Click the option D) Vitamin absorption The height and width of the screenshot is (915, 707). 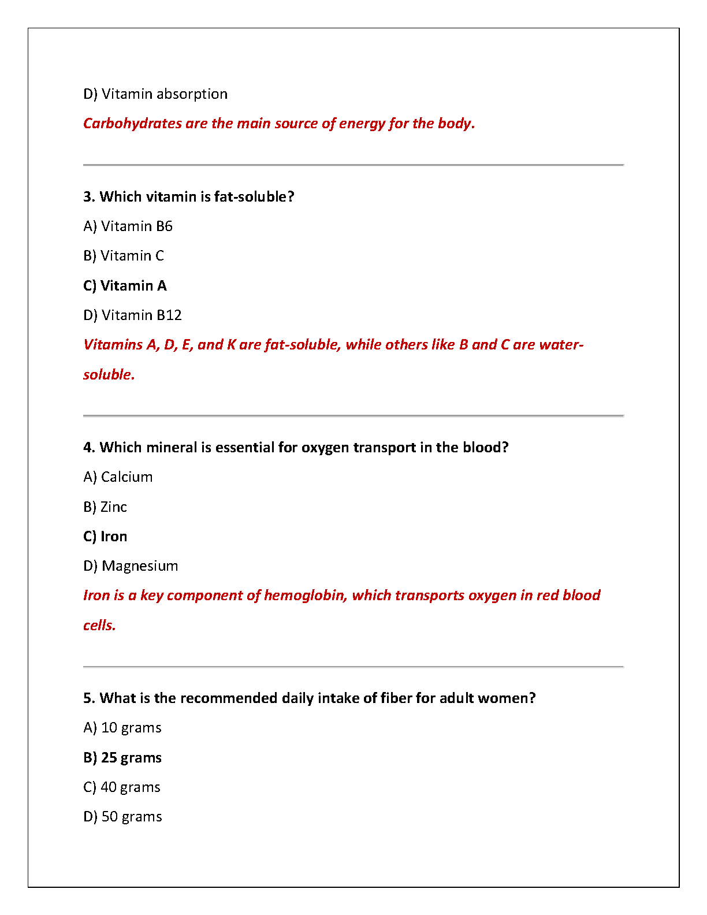[155, 94]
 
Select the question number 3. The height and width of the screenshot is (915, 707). [88, 197]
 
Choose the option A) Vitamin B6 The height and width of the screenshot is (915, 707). [128, 226]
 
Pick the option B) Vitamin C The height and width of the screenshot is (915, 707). [124, 256]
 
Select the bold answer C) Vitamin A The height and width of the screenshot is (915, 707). [125, 286]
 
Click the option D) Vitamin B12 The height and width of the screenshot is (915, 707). [132, 315]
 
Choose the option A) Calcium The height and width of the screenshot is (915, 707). [118, 477]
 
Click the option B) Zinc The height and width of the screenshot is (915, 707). [105, 507]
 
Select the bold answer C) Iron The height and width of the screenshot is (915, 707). [105, 537]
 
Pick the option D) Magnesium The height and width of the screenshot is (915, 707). [131, 566]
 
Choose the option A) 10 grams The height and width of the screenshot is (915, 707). [122, 728]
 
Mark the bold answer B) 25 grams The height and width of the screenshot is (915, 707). [122, 758]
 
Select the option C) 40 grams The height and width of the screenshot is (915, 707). [122, 787]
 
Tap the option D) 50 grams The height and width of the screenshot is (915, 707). [122, 817]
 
